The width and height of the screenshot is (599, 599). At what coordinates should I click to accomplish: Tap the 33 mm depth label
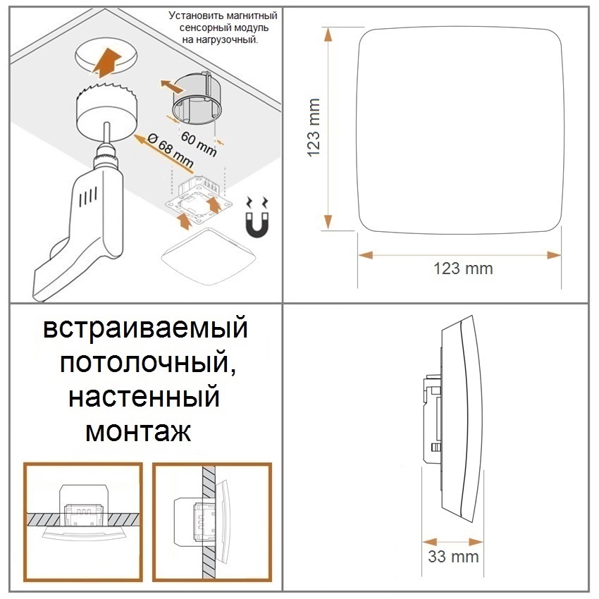[453, 557]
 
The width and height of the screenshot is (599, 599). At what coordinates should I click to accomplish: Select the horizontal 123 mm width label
[463, 268]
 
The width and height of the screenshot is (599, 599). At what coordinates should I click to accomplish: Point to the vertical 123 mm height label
[314, 128]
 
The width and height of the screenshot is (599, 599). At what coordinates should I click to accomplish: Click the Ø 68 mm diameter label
[170, 151]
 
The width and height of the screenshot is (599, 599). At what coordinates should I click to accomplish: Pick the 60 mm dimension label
[199, 143]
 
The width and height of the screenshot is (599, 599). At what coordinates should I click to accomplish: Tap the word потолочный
[147, 363]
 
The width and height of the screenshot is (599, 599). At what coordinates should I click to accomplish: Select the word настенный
[144, 397]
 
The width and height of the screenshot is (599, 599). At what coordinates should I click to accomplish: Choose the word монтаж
[138, 432]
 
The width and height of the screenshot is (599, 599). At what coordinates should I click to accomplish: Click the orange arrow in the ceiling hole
[107, 60]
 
